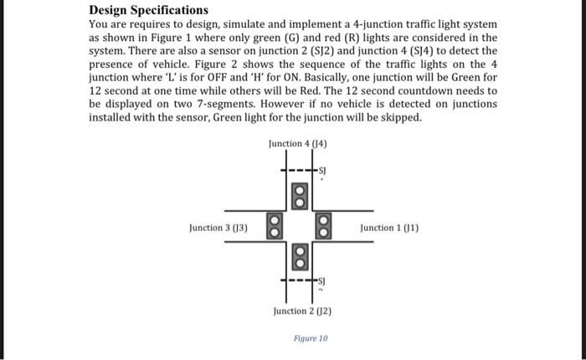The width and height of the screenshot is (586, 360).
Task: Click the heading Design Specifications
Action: (x=148, y=10)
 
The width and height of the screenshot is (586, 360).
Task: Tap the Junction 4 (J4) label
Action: (x=297, y=144)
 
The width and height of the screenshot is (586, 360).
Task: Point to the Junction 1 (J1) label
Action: (x=388, y=228)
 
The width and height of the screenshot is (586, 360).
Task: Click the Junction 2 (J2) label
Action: (x=303, y=311)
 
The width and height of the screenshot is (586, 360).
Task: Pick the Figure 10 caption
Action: (x=311, y=339)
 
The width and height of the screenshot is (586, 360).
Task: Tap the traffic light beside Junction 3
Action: (x=273, y=226)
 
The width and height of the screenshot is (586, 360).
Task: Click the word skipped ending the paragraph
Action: (x=402, y=117)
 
